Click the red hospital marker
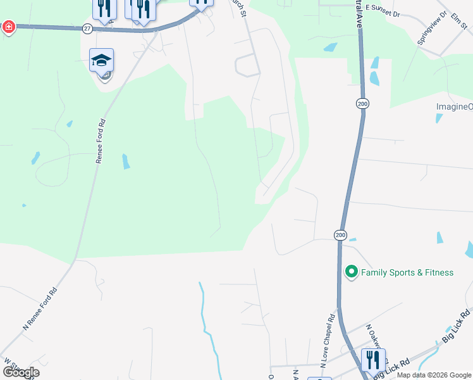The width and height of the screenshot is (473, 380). [8, 27]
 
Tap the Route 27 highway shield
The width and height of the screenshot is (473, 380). [87, 29]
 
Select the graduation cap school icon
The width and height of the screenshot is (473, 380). [101, 61]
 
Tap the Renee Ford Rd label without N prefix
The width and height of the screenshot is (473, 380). [99, 140]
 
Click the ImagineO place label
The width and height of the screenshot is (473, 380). [454, 106]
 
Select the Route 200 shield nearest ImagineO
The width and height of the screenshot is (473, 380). [362, 103]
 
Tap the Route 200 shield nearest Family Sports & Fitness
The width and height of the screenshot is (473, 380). [340, 235]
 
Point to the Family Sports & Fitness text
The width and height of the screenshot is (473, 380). [407, 272]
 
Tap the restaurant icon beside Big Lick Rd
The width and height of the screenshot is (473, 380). [373, 360]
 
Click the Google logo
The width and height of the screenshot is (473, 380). [21, 372]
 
